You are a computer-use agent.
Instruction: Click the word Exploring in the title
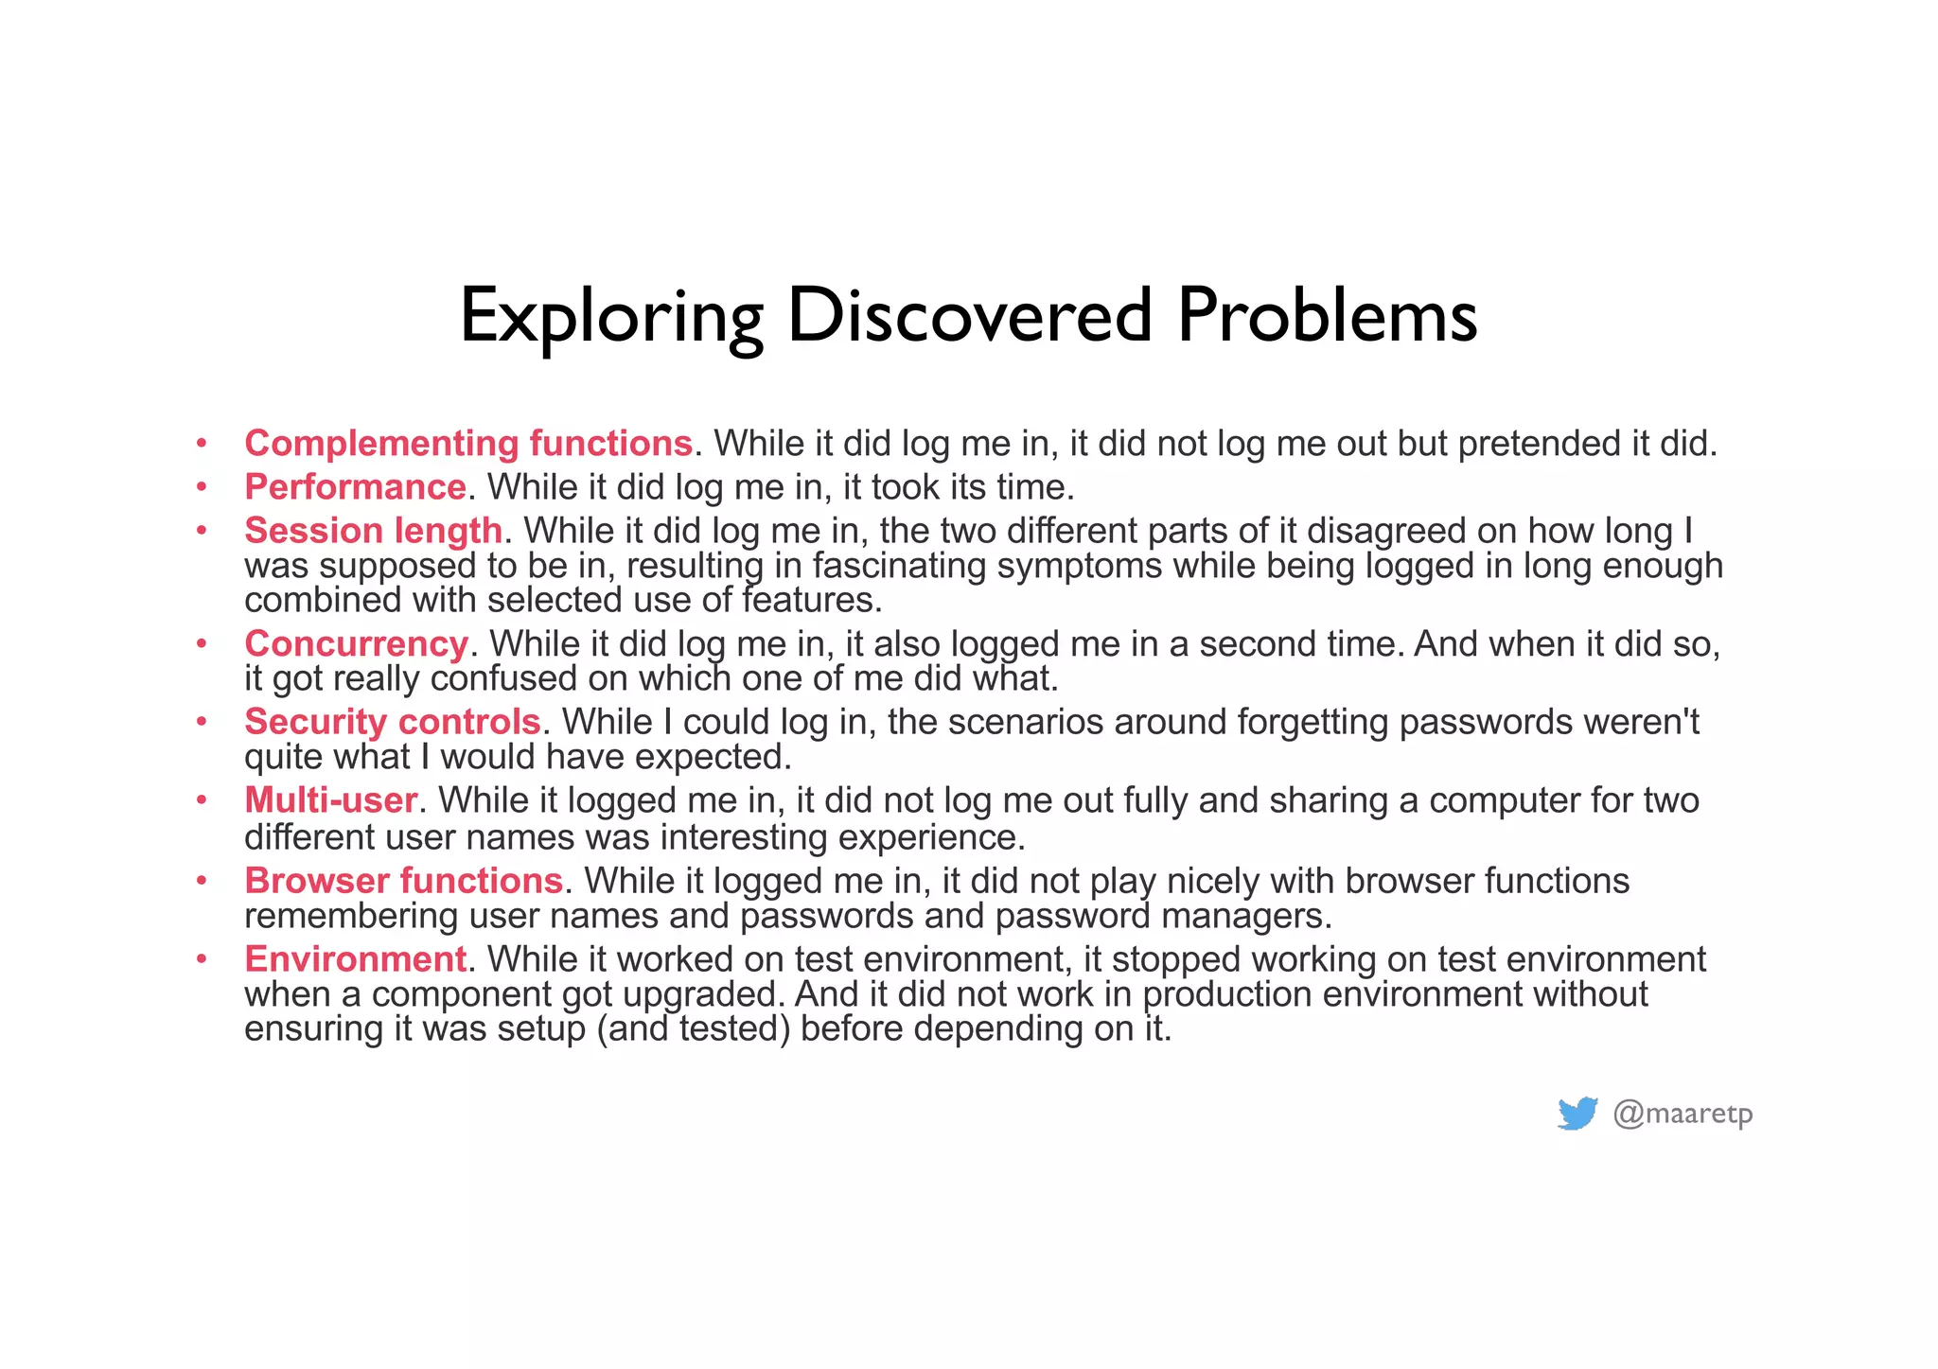(610, 317)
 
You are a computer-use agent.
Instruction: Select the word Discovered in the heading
(969, 315)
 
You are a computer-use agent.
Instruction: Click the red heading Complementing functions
(468, 444)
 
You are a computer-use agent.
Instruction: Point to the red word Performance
(355, 487)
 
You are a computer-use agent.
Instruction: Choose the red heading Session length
(373, 531)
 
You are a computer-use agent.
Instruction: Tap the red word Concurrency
(356, 644)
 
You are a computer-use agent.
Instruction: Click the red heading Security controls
(392, 722)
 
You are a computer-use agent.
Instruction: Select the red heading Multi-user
(330, 800)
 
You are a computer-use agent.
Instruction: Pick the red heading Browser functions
(403, 881)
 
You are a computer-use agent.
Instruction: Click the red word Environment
(355, 959)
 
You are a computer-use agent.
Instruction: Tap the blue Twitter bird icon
(1577, 1114)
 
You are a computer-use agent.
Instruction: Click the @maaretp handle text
(1683, 1114)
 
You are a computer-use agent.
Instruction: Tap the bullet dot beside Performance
(202, 487)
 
